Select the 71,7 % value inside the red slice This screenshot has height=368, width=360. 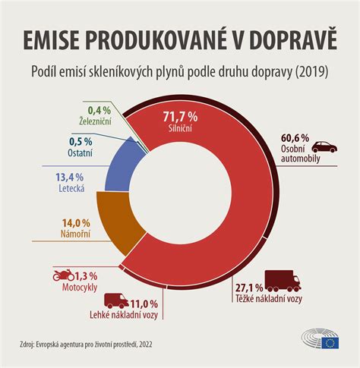[181, 116]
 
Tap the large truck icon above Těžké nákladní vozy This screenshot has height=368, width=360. [282, 282]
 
